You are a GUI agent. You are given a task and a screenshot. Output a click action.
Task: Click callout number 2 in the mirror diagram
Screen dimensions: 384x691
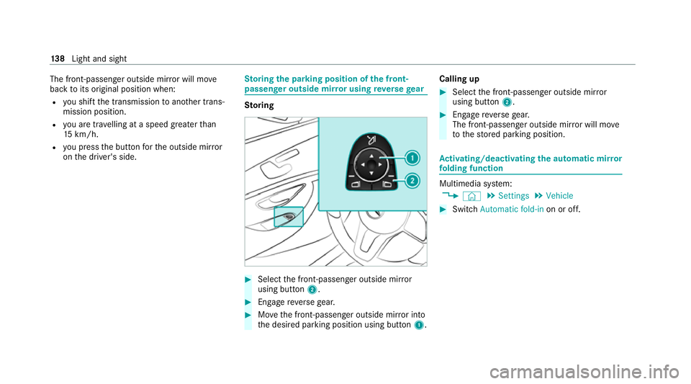(411, 181)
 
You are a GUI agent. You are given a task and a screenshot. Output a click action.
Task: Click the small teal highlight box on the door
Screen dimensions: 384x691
(289, 215)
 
